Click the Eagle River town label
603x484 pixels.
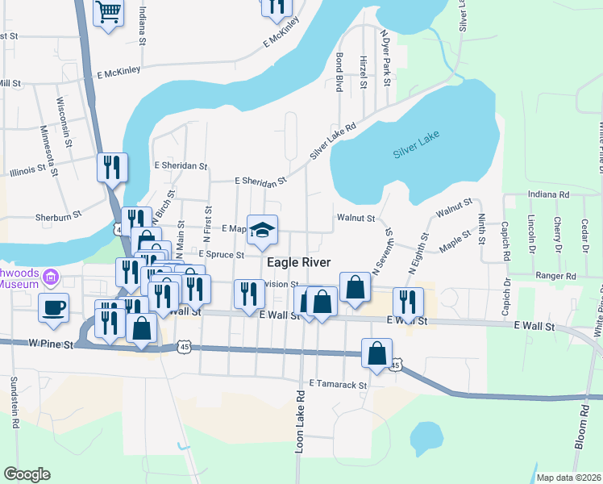click(x=298, y=263)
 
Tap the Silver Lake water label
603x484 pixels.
click(x=417, y=151)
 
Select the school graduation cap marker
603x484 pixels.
click(x=261, y=230)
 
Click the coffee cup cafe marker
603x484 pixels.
click(x=53, y=307)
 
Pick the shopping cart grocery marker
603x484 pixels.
click(x=108, y=12)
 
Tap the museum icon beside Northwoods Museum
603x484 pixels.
click(x=51, y=277)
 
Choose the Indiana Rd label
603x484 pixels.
click(x=548, y=194)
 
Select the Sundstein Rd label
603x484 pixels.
click(x=14, y=403)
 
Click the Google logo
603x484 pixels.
click(x=26, y=474)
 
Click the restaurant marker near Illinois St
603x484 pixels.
click(x=112, y=167)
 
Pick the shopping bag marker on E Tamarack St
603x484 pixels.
click(x=377, y=353)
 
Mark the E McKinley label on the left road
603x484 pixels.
click(x=119, y=70)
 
